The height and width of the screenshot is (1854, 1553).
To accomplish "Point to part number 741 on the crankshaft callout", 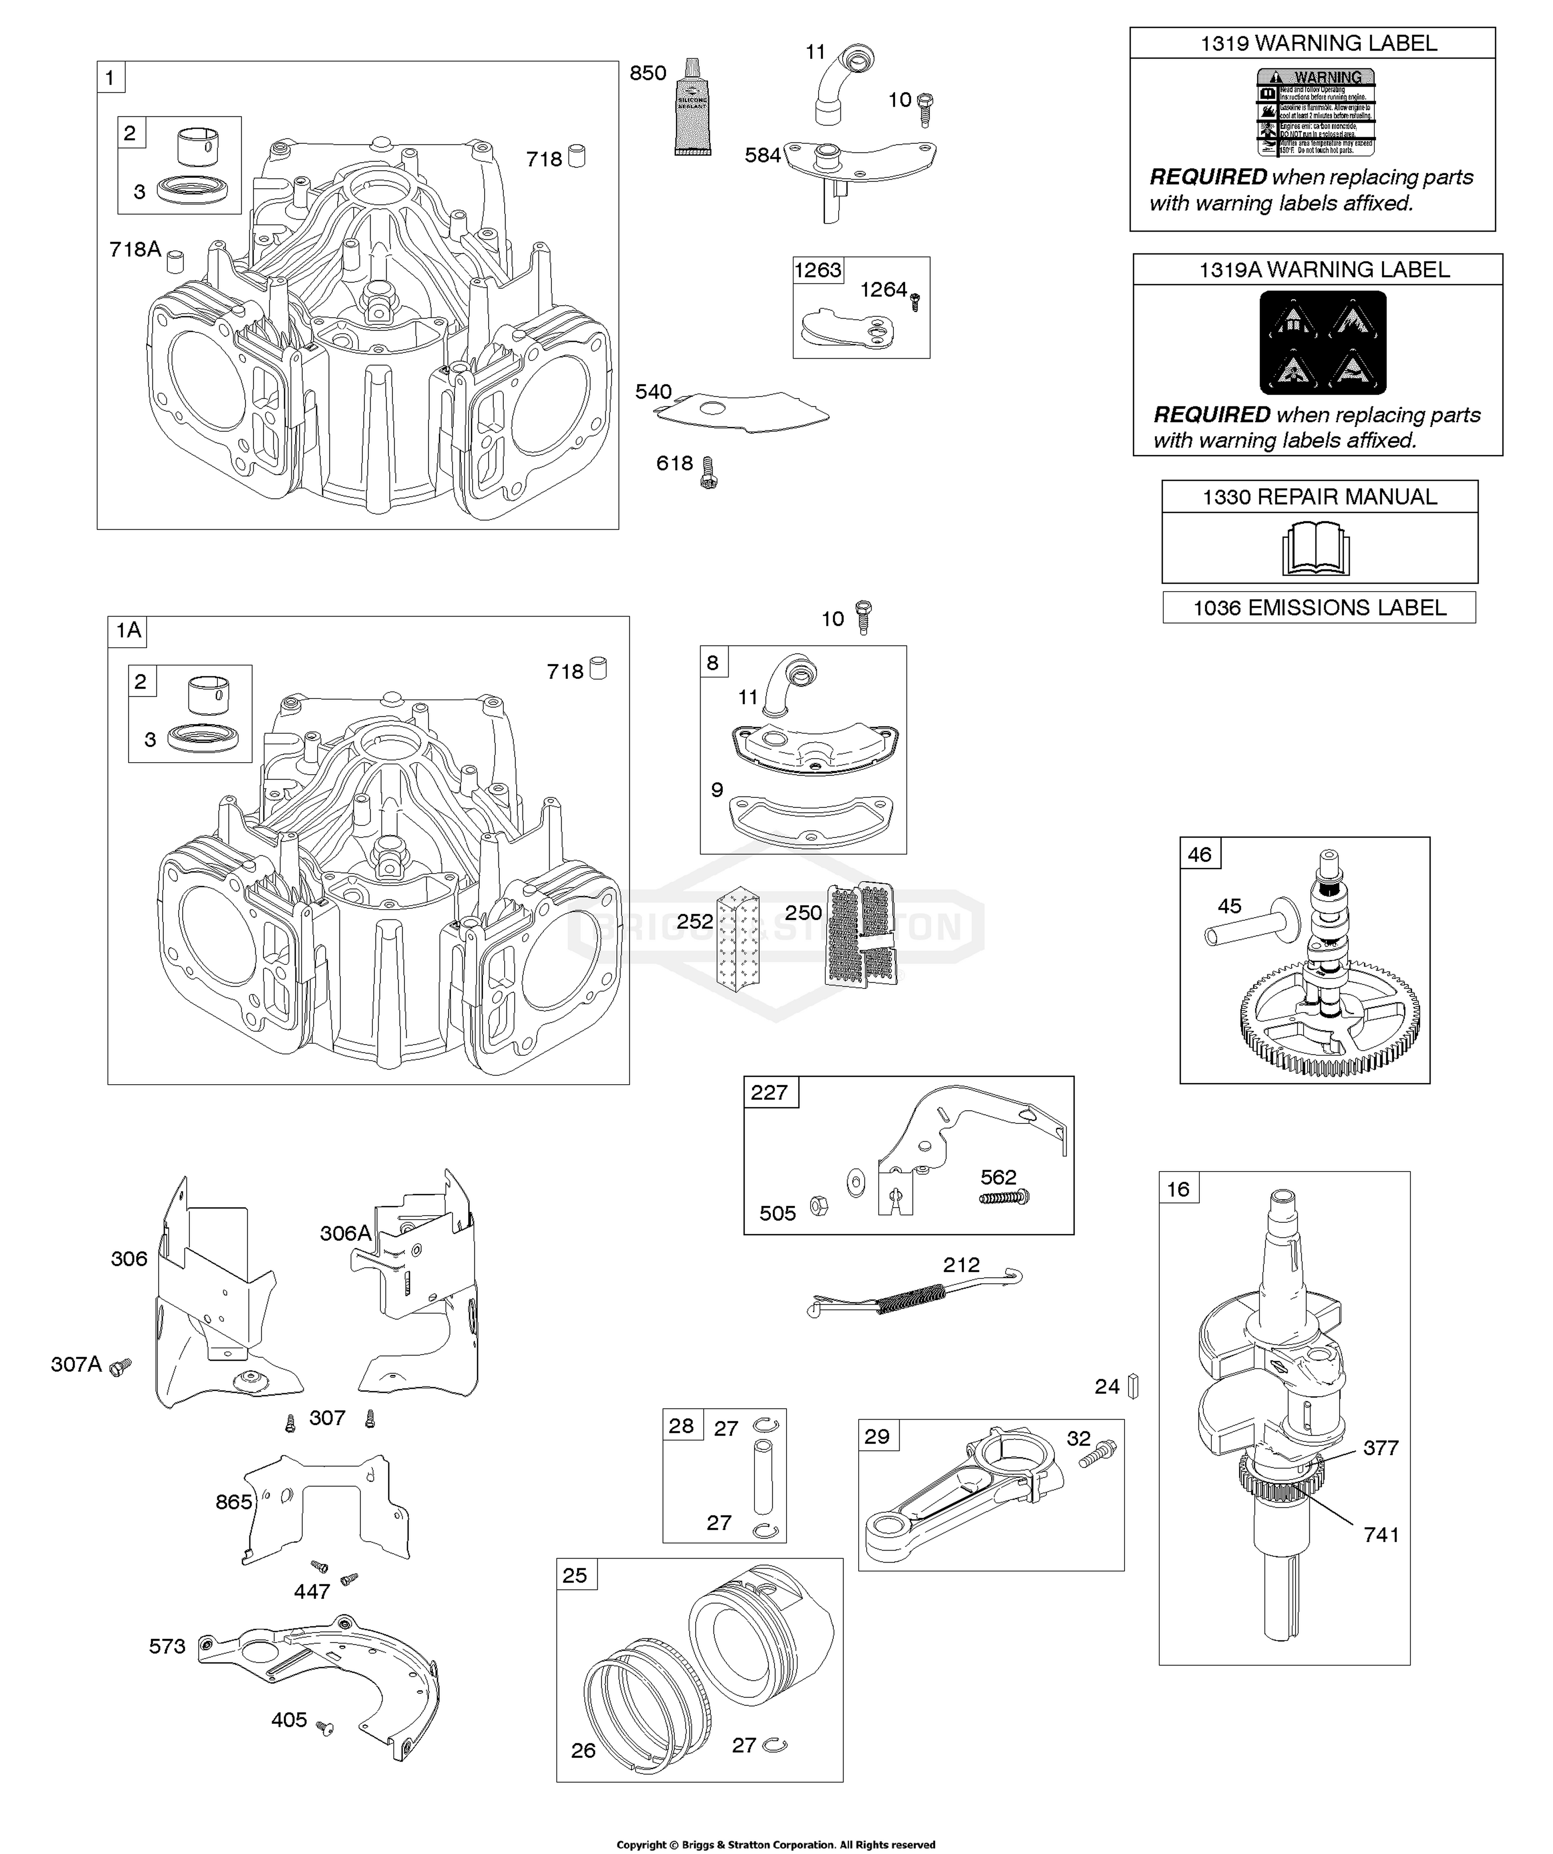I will click(1381, 1535).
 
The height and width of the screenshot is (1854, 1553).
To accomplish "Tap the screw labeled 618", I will click(707, 472).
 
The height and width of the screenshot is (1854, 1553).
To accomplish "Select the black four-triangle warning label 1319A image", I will click(1323, 343).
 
